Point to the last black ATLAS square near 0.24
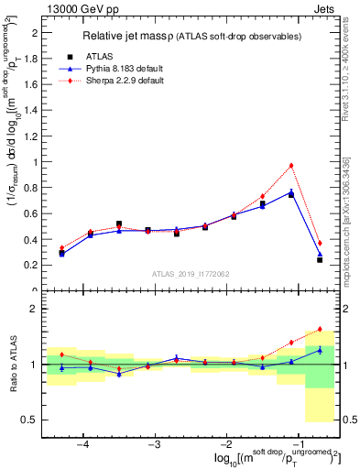click(320, 260)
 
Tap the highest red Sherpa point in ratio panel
click(320, 329)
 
